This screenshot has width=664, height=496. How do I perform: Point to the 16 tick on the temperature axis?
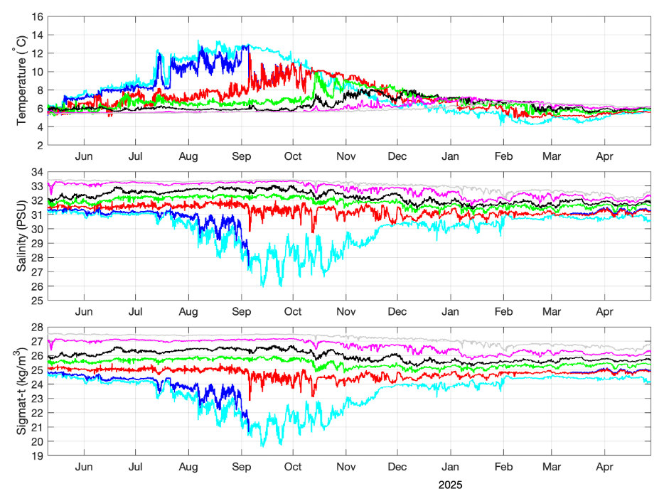(38, 16)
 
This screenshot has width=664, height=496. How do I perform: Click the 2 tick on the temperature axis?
(41, 145)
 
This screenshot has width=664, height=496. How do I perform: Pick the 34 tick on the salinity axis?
(38, 172)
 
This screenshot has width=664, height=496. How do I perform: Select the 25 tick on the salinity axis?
(38, 300)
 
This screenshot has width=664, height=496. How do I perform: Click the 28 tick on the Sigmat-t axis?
(38, 327)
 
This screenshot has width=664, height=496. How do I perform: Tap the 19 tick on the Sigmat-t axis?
(38, 455)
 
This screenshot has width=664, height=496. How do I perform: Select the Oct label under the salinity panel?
(293, 312)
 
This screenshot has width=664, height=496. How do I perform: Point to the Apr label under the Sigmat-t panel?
(605, 468)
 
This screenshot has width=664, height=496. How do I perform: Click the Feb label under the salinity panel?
(504, 312)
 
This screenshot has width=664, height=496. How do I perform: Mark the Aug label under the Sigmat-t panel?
(188, 468)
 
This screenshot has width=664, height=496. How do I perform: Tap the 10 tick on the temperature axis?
(38, 72)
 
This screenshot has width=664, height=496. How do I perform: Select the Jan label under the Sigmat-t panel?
(451, 468)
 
